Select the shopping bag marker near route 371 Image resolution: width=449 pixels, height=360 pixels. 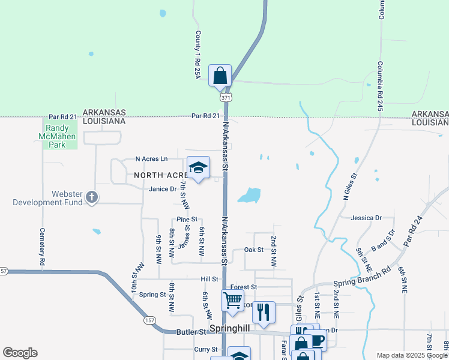click(220, 76)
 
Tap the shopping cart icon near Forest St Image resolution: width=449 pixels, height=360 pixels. click(232, 299)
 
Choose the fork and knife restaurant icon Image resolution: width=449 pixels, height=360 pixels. click(263, 312)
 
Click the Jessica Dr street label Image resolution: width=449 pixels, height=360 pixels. click(367, 218)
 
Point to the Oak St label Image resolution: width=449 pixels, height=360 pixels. click(254, 250)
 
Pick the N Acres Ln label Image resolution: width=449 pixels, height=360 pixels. click(151, 159)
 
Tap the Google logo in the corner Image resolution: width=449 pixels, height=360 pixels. click(20, 353)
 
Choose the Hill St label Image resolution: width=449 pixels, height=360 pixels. click(209, 279)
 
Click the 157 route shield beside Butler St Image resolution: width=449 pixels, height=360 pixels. click(149, 320)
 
